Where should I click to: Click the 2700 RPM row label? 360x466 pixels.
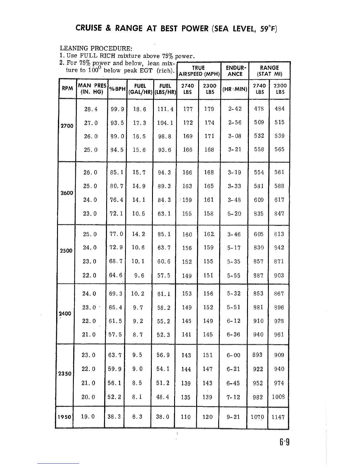click(67, 126)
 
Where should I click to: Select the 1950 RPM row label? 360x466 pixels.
click(64, 417)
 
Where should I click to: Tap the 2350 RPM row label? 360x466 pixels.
click(65, 374)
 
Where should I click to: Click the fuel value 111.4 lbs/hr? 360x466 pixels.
click(165, 109)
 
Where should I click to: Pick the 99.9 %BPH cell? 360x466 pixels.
click(117, 109)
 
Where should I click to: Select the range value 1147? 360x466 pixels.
click(278, 417)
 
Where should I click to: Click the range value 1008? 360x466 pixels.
click(278, 397)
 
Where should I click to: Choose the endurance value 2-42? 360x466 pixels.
click(235, 109)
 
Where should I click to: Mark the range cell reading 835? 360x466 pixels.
click(259, 214)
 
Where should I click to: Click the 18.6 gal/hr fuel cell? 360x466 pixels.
click(139, 109)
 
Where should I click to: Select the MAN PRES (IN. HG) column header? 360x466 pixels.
click(92, 89)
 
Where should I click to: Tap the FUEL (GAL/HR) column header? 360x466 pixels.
click(140, 89)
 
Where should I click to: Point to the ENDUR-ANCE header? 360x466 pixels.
click(235, 71)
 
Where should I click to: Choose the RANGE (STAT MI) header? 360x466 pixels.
click(269, 71)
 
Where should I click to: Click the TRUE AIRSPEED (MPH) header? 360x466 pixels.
click(199, 71)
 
